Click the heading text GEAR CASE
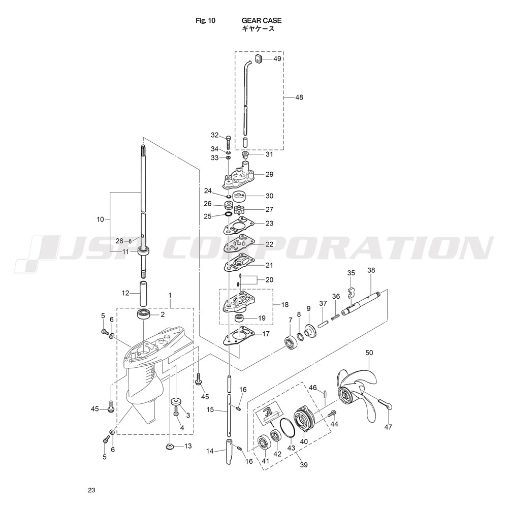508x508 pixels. [262, 20]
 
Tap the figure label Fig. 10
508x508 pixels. [205, 20]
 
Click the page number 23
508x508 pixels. [91, 490]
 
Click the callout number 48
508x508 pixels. [299, 97]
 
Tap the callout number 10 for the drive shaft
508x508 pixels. [100, 219]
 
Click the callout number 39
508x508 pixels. [304, 465]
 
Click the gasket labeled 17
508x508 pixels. [239, 337]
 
